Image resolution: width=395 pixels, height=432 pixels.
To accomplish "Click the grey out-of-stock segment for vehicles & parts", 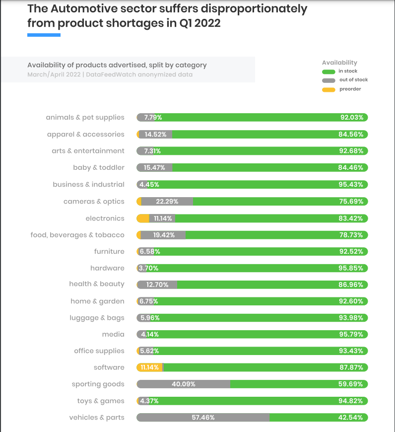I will [203, 418].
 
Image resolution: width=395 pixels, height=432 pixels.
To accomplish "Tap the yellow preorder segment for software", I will [149, 367].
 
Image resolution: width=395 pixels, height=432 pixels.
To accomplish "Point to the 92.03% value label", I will [351, 118].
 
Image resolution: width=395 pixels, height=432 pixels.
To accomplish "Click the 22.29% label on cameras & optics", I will [167, 201].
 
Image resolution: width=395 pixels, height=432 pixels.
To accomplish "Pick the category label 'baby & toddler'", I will [99, 168].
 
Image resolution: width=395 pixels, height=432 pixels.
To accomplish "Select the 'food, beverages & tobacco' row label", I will [77, 235].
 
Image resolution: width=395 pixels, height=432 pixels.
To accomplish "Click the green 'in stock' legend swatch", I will [329, 72].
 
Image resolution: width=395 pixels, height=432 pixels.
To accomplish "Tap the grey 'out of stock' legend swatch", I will [329, 80].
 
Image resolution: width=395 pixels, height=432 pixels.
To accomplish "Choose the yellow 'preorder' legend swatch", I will [329, 89].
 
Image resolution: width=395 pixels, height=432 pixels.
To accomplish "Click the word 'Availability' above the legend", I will [339, 63].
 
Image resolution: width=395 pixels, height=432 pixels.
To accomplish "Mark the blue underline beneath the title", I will [44, 35].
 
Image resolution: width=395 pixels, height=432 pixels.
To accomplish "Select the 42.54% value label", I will [351, 418].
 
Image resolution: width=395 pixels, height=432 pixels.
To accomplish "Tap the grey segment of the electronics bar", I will [162, 218].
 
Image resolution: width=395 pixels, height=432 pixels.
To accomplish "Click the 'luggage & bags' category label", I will [97, 318].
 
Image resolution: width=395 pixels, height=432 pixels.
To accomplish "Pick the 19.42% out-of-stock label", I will [164, 235].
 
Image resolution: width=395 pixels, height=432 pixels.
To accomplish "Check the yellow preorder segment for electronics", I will [143, 218].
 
